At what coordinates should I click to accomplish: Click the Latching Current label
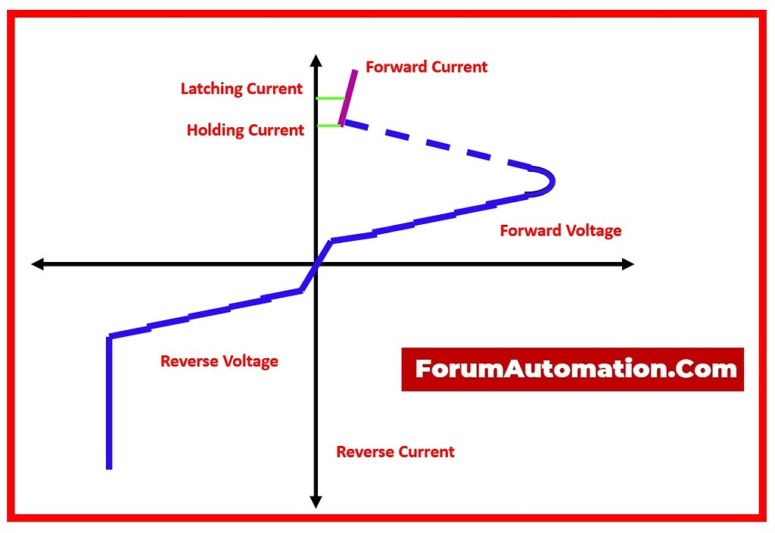click(241, 89)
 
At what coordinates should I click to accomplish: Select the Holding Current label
click(245, 130)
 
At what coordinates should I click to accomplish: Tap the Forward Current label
click(426, 67)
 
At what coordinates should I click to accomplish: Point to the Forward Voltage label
click(560, 231)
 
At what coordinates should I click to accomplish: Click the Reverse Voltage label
click(219, 362)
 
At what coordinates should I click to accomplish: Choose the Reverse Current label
click(395, 452)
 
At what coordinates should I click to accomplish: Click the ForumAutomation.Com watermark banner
click(572, 369)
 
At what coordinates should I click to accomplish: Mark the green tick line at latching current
click(331, 98)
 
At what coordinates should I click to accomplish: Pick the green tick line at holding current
click(328, 126)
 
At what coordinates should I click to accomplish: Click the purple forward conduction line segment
click(348, 97)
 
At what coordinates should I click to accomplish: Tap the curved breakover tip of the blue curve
click(550, 181)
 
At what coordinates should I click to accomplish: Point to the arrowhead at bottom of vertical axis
click(316, 502)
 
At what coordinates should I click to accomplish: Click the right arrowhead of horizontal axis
click(627, 263)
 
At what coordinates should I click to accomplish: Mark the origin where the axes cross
click(316, 263)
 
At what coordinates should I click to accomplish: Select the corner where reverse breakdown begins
click(110, 337)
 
